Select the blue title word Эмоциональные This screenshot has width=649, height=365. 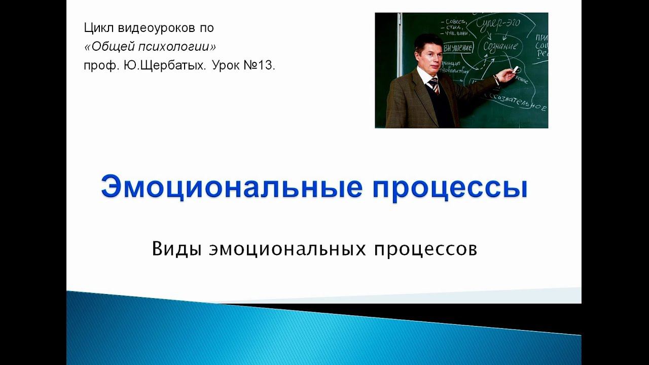click(231, 187)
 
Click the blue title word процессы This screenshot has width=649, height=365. click(450, 187)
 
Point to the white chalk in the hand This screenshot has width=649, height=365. click(517, 68)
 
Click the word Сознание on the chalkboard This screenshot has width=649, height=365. click(500, 46)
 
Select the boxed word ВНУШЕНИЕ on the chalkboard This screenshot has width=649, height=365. click(458, 48)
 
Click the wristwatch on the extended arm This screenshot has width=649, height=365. click(496, 79)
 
